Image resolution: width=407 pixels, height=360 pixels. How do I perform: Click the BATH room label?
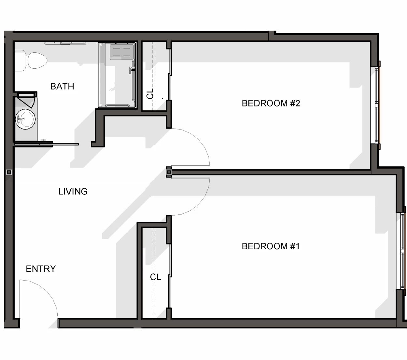(x=62, y=86)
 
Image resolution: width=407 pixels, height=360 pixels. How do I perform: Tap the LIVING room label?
(x=73, y=191)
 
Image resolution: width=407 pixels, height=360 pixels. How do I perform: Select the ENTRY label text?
(x=41, y=269)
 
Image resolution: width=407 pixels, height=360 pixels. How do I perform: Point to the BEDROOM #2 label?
(x=271, y=103)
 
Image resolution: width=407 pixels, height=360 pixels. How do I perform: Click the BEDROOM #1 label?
(x=271, y=246)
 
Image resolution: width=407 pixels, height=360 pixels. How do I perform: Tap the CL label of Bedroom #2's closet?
(x=150, y=94)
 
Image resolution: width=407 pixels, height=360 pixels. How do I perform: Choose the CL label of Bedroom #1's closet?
(x=156, y=277)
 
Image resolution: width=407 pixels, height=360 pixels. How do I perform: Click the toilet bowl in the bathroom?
(x=37, y=60)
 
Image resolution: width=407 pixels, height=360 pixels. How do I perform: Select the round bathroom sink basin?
(x=25, y=119)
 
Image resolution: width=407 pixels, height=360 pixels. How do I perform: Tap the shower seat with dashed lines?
(x=122, y=52)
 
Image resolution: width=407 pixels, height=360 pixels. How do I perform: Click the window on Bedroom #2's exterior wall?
(x=377, y=105)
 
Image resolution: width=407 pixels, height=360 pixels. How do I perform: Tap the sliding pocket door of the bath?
(x=47, y=144)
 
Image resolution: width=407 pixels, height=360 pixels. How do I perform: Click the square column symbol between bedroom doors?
(x=169, y=172)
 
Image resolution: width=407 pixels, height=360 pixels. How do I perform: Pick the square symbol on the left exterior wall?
(x=9, y=172)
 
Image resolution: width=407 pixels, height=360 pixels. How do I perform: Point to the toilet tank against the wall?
(x=20, y=61)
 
